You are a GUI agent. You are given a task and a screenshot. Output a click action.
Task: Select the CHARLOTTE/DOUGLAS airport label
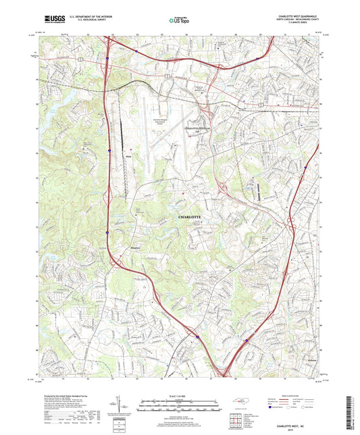tap(198, 127)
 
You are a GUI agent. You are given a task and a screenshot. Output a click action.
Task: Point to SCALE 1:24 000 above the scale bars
tap(180, 395)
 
